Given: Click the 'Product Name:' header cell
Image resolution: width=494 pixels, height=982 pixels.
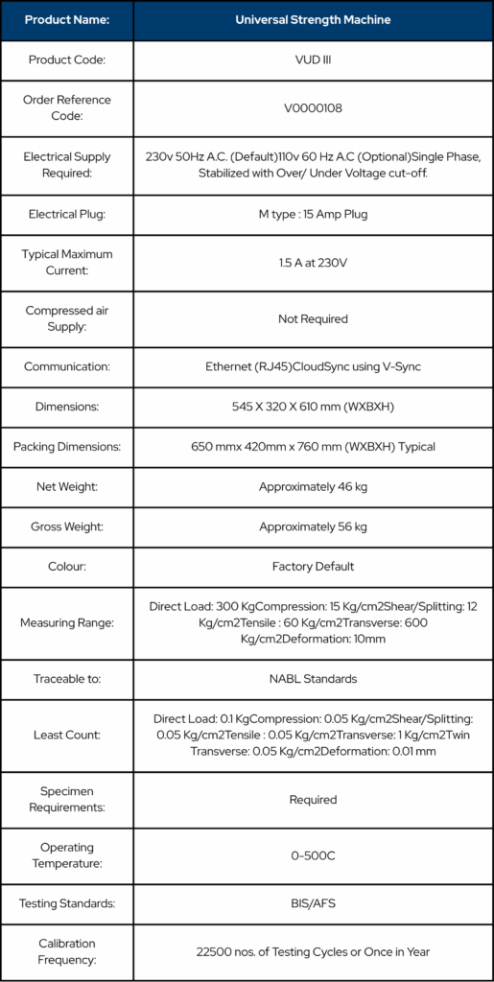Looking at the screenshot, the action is tap(67, 19).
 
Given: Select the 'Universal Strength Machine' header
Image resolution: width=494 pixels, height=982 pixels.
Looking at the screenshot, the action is tap(313, 19).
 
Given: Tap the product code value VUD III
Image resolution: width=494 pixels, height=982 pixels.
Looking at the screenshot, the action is tap(313, 59).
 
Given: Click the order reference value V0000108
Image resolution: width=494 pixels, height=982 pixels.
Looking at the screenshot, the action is tap(313, 108).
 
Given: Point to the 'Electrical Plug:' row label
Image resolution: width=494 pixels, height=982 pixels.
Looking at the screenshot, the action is tap(67, 214).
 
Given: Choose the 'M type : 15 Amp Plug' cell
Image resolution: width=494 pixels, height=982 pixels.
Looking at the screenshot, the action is tap(313, 214).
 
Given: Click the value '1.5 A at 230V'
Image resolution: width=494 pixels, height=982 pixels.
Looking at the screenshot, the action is tap(313, 262).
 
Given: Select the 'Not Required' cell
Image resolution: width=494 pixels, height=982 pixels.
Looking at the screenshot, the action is tap(313, 318).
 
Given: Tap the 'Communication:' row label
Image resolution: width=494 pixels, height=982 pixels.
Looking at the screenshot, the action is tap(67, 366).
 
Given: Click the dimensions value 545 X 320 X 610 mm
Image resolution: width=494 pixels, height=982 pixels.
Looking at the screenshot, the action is tap(313, 407).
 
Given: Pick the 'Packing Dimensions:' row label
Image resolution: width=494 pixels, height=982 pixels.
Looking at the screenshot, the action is tap(67, 447).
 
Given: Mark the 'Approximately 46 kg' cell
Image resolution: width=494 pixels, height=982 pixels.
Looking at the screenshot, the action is tap(313, 487).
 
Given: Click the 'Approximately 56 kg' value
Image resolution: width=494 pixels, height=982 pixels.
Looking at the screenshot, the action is tap(313, 526).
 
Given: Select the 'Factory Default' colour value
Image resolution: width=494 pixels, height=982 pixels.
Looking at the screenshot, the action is tap(313, 567).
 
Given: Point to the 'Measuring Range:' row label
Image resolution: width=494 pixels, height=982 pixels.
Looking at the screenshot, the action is tap(67, 622).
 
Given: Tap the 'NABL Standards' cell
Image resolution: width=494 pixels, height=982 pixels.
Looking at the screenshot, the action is tap(313, 679).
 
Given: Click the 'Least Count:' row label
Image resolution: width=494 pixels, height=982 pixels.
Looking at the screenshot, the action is tap(67, 736).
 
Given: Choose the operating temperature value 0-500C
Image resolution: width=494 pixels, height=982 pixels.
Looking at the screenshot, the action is tap(313, 855).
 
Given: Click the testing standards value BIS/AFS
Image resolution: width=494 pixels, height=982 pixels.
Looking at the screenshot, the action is tap(313, 903).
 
